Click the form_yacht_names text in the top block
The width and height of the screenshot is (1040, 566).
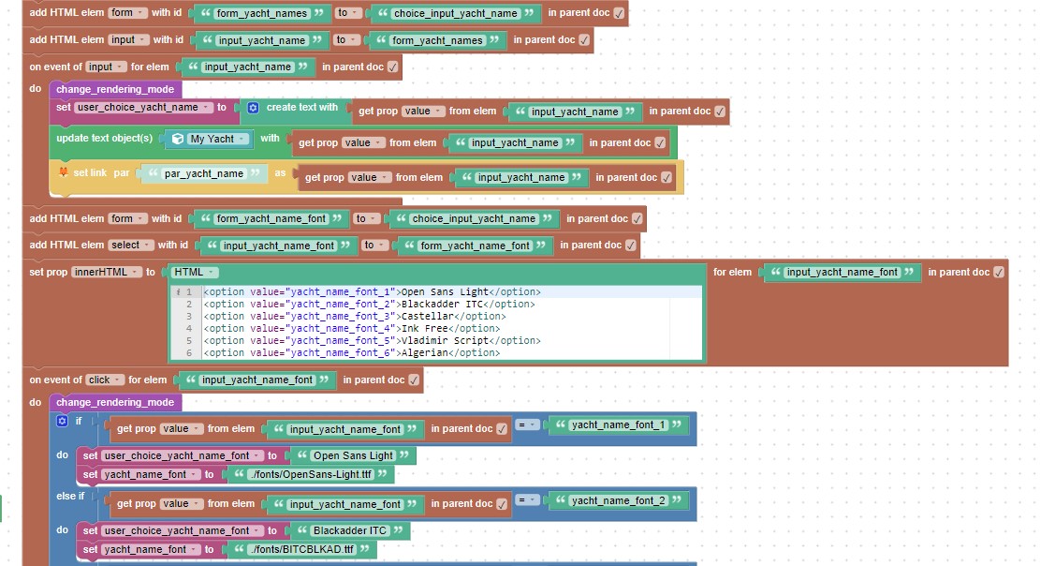(262, 13)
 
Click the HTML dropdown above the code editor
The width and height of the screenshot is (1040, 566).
(195, 273)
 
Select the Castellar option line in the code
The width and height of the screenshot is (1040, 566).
(354, 316)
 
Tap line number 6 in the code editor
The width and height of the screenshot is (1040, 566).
(189, 352)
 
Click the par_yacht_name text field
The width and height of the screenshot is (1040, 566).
(204, 173)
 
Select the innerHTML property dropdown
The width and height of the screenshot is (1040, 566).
(107, 273)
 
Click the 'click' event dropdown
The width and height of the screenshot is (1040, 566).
(104, 380)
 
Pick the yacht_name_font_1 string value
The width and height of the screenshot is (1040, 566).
(618, 425)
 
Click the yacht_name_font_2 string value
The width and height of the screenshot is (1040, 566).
(618, 500)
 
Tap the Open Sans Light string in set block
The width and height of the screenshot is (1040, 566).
(353, 455)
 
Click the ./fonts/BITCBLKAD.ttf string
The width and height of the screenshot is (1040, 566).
(301, 549)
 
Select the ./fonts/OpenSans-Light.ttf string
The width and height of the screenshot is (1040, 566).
(311, 474)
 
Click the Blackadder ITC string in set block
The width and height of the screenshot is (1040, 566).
(349, 530)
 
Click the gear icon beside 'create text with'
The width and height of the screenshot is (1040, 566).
(253, 108)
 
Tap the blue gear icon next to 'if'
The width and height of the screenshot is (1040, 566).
(62, 421)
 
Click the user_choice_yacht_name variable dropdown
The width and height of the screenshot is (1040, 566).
(143, 108)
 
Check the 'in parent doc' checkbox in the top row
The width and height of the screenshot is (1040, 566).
(619, 13)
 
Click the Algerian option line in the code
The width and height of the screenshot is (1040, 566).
(352, 352)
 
